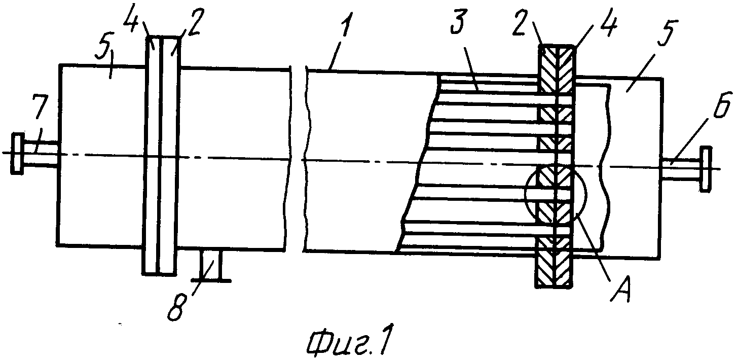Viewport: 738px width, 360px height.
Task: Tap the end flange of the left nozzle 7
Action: point(17,154)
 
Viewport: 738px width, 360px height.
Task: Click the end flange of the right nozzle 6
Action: point(706,169)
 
